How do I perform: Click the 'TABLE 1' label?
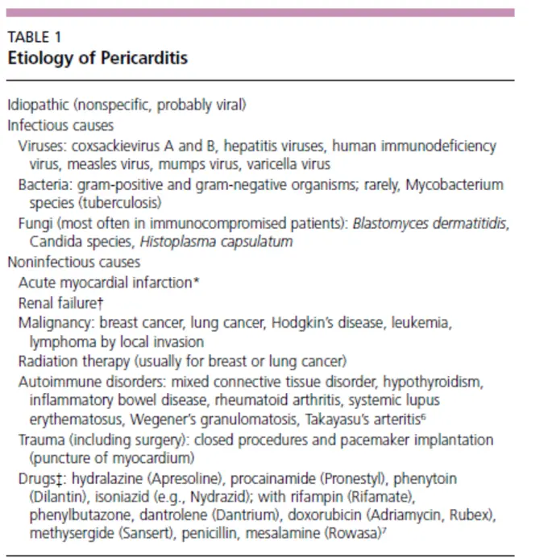point(33,38)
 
